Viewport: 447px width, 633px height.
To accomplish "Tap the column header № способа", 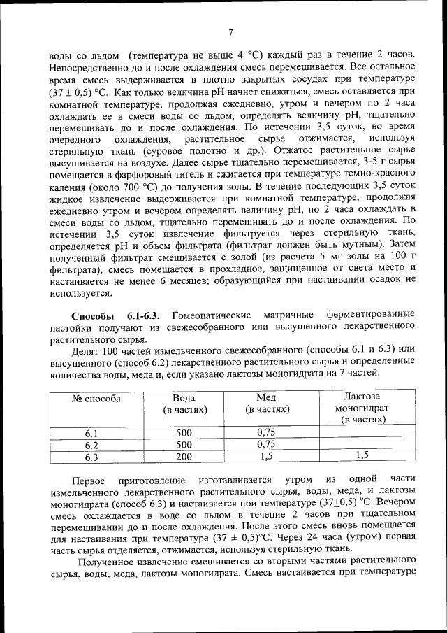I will pos(96,398).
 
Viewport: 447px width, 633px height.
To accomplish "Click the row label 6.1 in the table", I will pos(92,432).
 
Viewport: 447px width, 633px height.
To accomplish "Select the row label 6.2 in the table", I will pos(92,445).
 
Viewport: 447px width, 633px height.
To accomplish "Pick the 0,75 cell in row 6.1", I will pos(266,432).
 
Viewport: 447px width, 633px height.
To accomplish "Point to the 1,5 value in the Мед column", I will pos(267,457).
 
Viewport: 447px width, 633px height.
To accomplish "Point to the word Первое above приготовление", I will pos(92,482).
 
